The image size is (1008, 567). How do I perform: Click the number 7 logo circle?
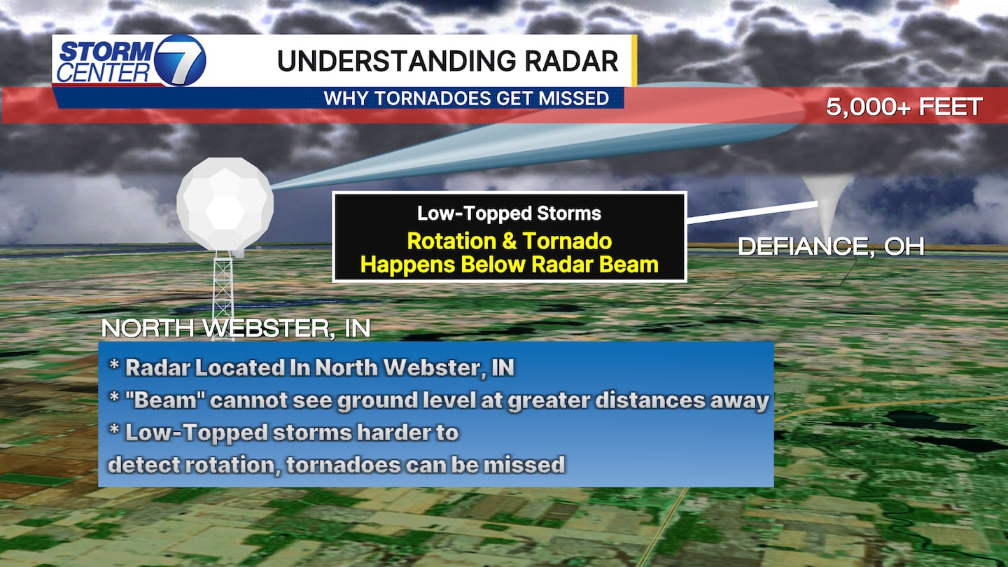[180, 60]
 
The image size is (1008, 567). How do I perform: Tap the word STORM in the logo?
[106, 51]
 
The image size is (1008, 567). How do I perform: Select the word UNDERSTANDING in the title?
[396, 61]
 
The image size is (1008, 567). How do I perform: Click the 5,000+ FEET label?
[904, 107]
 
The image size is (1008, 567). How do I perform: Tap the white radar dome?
[225, 204]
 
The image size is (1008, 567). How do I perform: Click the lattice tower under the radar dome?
[223, 295]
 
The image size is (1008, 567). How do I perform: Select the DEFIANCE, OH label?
[831, 246]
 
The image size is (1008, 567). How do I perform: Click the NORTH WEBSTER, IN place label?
[236, 328]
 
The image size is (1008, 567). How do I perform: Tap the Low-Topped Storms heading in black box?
[509, 213]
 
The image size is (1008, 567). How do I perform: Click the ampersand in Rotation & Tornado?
[509, 241]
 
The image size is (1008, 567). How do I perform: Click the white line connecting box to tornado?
[752, 212]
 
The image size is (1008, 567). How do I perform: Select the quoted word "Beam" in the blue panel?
[164, 400]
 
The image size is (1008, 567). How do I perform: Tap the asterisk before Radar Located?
[114, 364]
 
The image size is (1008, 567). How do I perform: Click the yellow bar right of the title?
[634, 60]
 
